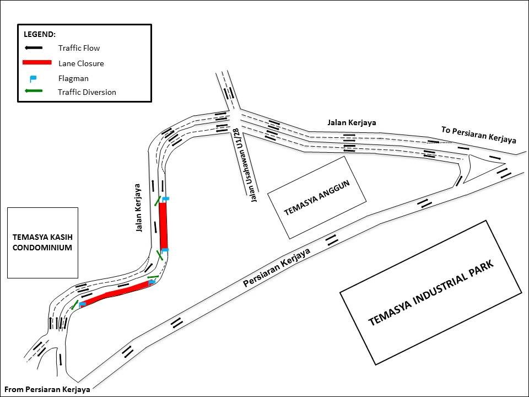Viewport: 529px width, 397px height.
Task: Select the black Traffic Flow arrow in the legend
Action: pyautogui.click(x=34, y=48)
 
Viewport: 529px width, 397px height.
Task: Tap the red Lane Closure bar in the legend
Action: pyautogui.click(x=37, y=62)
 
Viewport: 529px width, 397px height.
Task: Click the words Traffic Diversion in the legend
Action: pyautogui.click(x=87, y=92)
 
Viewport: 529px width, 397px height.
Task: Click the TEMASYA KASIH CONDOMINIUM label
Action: pyautogui.click(x=42, y=242)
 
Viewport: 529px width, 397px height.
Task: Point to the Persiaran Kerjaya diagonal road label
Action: pyautogui.click(x=277, y=267)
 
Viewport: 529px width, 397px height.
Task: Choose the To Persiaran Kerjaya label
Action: pyautogui.click(x=478, y=135)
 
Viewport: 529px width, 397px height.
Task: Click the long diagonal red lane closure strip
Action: pyautogui.click(x=116, y=293)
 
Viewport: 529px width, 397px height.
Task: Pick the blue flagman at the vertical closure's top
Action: pyautogui.click(x=165, y=198)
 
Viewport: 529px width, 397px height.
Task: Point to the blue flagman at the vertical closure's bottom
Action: pyautogui.click(x=165, y=251)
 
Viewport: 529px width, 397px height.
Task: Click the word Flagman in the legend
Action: pyautogui.click(x=73, y=78)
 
